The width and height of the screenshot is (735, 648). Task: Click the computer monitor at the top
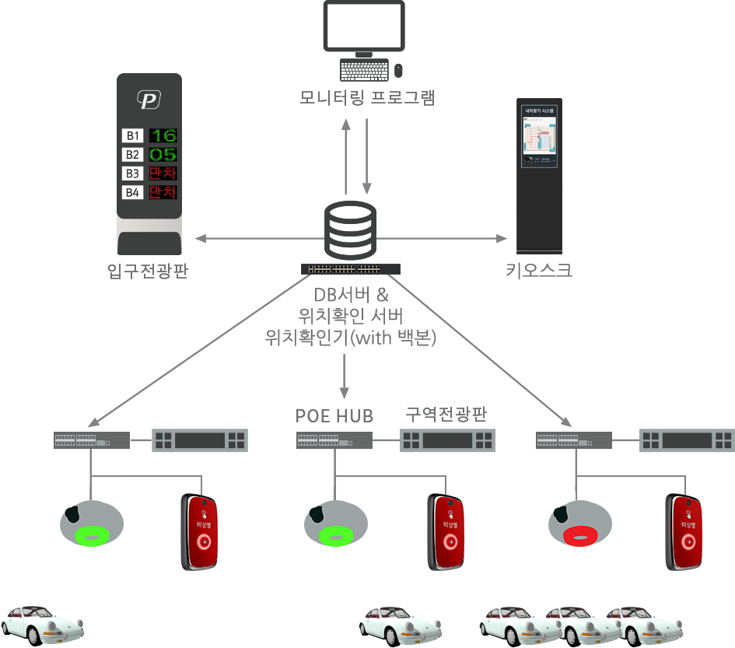point(363,26)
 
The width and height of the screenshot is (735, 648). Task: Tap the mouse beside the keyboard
point(399,70)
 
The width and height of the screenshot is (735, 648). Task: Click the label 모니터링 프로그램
point(367,98)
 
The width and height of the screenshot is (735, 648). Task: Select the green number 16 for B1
point(164,135)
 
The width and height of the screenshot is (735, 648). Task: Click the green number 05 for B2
point(164,154)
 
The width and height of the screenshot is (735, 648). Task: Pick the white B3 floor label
point(132,173)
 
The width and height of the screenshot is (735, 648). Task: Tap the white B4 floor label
point(132,191)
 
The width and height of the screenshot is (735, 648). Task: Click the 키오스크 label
point(540,270)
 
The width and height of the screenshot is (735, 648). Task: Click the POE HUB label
point(335,414)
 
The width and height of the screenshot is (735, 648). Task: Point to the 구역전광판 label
point(446,413)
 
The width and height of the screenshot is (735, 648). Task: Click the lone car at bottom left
point(41,622)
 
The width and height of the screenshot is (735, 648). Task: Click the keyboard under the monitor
point(364,70)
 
